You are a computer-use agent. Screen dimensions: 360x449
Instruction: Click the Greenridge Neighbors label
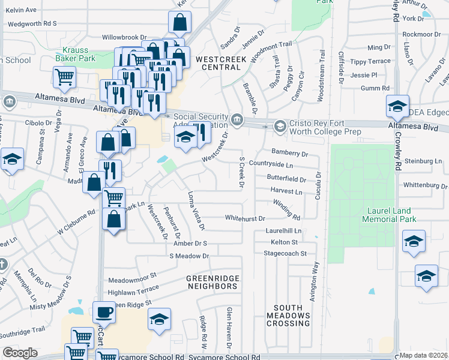[x=212, y=283]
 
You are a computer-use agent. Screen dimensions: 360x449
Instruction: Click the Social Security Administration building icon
[x=237, y=119]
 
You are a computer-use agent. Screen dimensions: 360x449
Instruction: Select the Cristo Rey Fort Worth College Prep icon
[x=279, y=126]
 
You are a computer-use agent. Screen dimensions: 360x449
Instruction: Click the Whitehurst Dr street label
[x=245, y=217]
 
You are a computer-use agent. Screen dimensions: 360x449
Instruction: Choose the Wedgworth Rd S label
[x=31, y=23]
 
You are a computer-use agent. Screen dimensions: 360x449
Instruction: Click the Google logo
[x=20, y=353]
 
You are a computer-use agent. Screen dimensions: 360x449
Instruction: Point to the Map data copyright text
[x=423, y=355]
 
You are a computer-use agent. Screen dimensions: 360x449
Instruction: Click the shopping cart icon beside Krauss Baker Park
[x=64, y=76]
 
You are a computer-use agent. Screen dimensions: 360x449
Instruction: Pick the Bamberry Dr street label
[x=290, y=152]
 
